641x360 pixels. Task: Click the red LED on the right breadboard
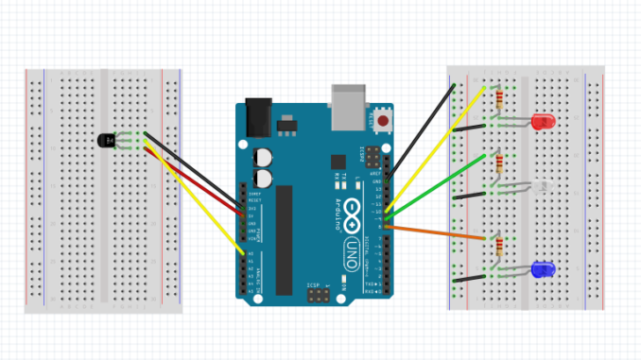543,121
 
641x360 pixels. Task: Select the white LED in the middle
540,187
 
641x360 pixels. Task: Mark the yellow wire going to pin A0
199,203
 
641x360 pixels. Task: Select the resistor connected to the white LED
498,166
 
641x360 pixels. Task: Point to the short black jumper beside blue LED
471,279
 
